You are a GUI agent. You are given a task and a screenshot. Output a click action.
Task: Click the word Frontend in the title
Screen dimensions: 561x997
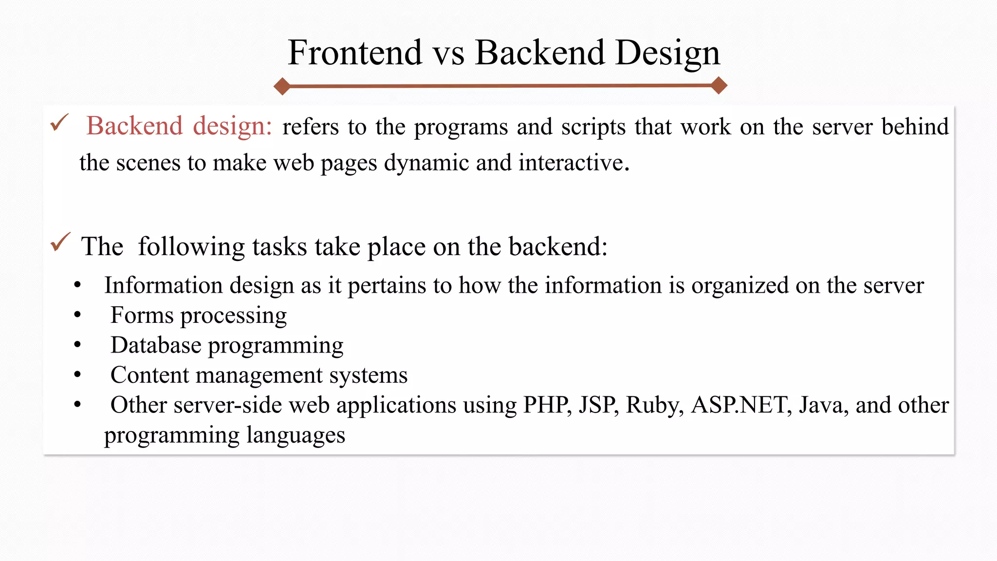click(x=355, y=53)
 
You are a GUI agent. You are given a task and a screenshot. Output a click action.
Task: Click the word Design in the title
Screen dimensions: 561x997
click(x=667, y=53)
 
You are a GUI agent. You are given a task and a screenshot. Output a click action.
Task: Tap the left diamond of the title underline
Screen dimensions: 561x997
click(x=282, y=86)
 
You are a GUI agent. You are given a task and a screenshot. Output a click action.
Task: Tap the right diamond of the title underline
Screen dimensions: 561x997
click(x=719, y=85)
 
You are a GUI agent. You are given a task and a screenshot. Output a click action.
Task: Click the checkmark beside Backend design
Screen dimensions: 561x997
click(x=60, y=123)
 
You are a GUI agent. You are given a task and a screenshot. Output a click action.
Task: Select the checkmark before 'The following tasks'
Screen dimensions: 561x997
click(x=60, y=242)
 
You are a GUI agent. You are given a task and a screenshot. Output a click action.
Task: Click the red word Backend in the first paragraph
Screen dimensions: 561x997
click(x=134, y=126)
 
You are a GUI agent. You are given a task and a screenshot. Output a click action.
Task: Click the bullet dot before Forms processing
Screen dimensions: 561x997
click(x=77, y=315)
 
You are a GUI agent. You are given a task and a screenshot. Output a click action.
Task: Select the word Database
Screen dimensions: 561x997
click(x=156, y=345)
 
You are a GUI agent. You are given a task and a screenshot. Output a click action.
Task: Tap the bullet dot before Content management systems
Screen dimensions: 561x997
click(x=77, y=375)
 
